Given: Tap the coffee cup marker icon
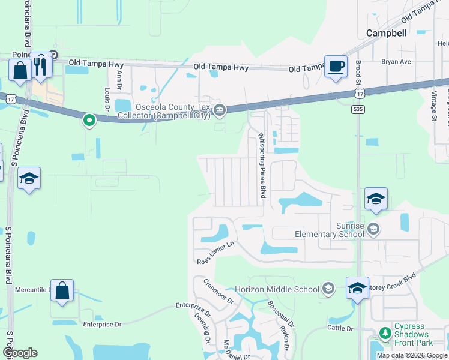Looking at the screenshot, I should (x=336, y=66).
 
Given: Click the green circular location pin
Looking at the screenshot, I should (x=89, y=121).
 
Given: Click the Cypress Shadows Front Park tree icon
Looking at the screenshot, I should (x=384, y=332).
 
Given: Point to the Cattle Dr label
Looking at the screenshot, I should (x=340, y=328).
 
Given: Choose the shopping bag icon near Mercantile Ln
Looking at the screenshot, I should (x=62, y=292).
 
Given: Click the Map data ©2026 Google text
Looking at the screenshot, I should (x=411, y=355).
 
